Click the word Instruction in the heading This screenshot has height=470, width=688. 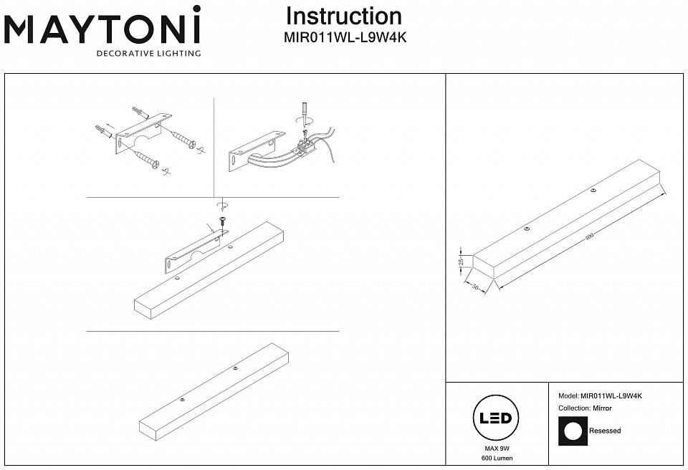point(344,16)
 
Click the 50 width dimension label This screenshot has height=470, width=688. point(474,287)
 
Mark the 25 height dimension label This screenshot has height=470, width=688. point(462,262)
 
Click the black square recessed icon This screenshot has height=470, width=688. point(572,431)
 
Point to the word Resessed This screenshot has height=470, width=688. point(605,431)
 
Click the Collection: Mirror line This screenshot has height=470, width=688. point(585,408)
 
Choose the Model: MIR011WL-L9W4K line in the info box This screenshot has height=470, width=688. point(600,395)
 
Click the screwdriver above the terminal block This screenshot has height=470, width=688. point(304,114)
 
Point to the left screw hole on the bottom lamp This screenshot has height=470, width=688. point(183,399)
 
